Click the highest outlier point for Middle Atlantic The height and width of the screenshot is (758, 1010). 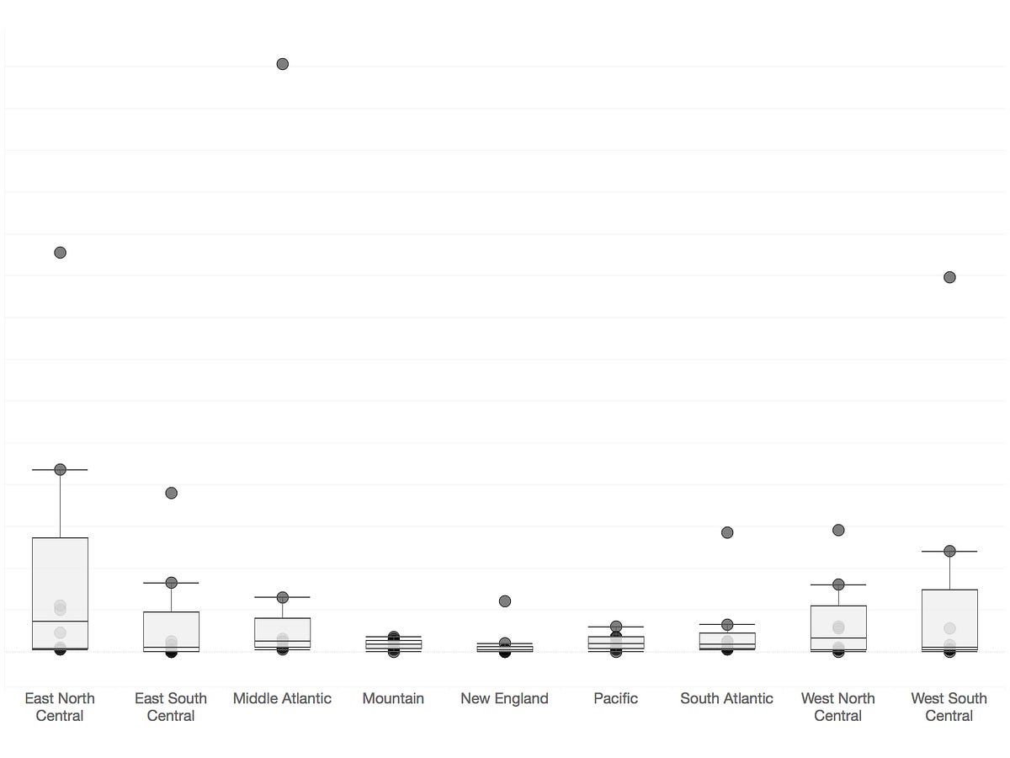(x=283, y=64)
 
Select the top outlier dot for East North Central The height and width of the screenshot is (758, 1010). (x=61, y=253)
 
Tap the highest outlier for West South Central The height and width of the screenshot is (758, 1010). (x=949, y=277)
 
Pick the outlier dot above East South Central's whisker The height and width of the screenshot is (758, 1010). (x=172, y=493)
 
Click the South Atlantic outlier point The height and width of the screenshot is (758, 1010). (x=727, y=532)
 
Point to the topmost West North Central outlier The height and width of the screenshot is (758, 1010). (x=838, y=530)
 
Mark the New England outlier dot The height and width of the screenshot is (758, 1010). (x=505, y=601)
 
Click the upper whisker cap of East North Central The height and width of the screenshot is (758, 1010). (x=61, y=469)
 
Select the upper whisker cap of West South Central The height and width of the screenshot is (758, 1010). (x=949, y=551)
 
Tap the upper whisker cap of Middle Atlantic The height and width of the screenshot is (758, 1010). (x=283, y=597)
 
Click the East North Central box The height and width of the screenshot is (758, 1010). (x=61, y=581)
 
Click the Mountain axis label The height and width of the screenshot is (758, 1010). (x=393, y=698)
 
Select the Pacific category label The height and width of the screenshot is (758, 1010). (x=615, y=698)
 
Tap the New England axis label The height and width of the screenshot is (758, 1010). (x=504, y=698)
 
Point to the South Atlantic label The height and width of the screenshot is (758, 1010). (x=726, y=698)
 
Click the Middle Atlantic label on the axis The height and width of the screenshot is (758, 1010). (x=282, y=698)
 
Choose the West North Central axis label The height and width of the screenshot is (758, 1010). (x=837, y=707)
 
